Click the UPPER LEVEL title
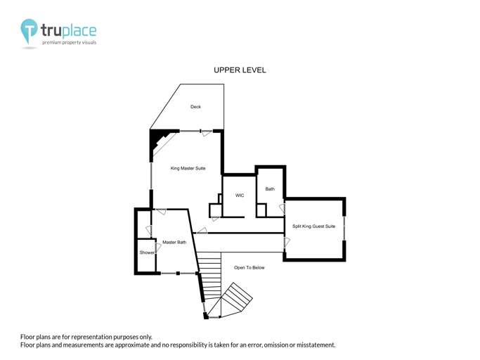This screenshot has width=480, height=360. (x=240, y=70)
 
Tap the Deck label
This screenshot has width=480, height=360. (x=195, y=107)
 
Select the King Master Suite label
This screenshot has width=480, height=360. (x=188, y=168)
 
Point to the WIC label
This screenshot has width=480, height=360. (x=240, y=195)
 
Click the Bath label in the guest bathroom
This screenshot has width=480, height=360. (x=270, y=188)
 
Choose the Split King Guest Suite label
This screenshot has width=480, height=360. (x=313, y=226)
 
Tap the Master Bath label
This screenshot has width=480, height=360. (x=174, y=242)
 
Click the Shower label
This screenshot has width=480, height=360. (x=147, y=252)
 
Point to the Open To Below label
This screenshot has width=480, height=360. (x=249, y=267)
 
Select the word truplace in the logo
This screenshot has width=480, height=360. (x=69, y=31)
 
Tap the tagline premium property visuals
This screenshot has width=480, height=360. (x=69, y=42)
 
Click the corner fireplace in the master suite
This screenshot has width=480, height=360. (x=160, y=142)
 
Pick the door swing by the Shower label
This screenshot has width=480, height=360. (x=158, y=247)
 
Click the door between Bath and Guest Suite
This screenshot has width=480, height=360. (x=282, y=209)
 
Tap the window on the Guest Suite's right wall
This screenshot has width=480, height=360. (x=344, y=229)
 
